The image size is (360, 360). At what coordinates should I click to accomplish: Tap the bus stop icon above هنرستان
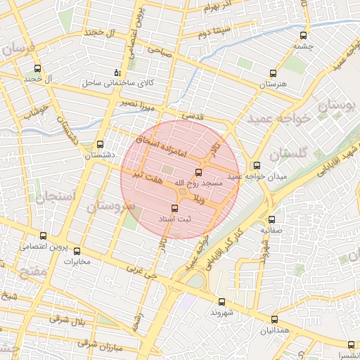click(x=273, y=73)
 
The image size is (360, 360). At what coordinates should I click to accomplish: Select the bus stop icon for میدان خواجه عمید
click(x=257, y=166)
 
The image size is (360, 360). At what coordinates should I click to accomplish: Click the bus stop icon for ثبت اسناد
click(x=175, y=207)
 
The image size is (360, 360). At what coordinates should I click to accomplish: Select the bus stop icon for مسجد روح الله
click(x=197, y=172)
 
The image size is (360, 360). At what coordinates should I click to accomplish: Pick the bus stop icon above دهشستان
click(x=100, y=143)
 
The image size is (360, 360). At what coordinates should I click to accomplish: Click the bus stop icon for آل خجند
click(x=38, y=69)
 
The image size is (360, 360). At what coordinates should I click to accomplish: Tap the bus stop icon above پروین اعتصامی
click(x=44, y=236)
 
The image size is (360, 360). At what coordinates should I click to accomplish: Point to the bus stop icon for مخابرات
click(x=77, y=251)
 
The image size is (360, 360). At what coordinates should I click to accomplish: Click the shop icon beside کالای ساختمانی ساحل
click(x=117, y=73)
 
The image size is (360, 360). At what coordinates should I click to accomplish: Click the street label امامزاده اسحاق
click(x=160, y=146)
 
